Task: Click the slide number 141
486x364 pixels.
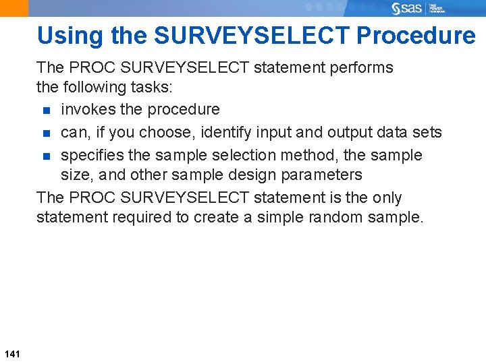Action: (x=12, y=353)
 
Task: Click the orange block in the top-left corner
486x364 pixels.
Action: (x=14, y=8)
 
